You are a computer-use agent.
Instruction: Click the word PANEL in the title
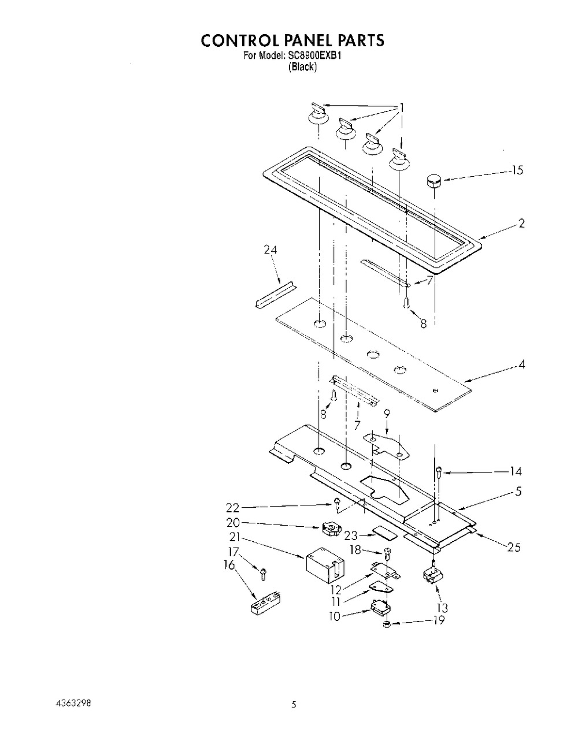click(304, 40)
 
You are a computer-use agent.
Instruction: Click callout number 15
click(517, 170)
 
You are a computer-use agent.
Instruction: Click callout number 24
click(270, 250)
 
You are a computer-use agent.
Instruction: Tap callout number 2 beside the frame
click(521, 224)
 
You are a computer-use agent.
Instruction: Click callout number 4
click(521, 365)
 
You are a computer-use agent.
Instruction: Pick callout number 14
click(516, 471)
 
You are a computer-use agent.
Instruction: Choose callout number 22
click(232, 508)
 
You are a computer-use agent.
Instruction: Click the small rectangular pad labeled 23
click(382, 530)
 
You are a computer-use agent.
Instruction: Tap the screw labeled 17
click(263, 572)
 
